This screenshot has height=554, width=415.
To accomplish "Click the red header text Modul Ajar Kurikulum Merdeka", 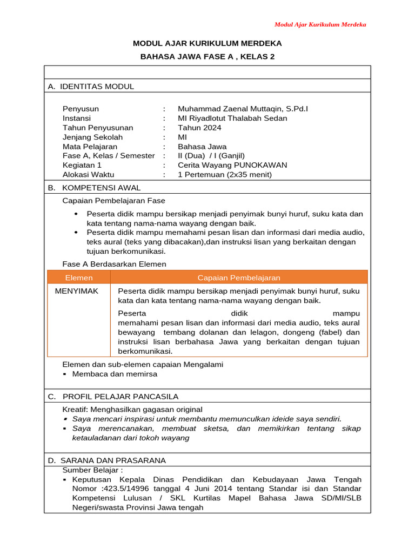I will tap(320, 24).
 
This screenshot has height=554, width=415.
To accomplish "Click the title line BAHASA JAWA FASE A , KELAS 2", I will tap(207, 56).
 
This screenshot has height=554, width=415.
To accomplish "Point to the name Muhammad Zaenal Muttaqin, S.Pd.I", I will tap(243, 109).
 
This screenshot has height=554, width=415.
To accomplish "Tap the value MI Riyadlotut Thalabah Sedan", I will tap(232, 118).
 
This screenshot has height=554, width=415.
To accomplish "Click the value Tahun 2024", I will tap(199, 128).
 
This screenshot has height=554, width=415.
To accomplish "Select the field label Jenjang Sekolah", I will tap(92, 137).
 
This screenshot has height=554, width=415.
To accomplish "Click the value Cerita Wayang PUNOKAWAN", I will tap(232, 165).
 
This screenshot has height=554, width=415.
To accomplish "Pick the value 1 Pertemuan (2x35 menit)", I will tap(225, 174).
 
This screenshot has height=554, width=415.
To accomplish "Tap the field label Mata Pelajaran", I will tap(90, 147).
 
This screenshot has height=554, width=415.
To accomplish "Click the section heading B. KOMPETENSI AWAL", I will tap(94, 188).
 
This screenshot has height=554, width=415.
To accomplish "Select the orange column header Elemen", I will tap(79, 278).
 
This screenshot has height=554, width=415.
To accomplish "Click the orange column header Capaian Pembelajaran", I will tap(239, 278).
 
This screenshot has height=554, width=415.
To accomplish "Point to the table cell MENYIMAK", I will tap(77, 291).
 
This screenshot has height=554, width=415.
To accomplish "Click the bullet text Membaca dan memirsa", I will tap(115, 373).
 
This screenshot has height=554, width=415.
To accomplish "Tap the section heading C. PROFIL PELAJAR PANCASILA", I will tap(113, 397).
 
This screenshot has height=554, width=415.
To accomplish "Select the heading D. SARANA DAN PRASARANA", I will tap(106, 460).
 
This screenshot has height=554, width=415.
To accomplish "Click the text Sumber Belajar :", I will tap(92, 470).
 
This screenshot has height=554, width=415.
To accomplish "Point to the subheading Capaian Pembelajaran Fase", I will tap(114, 201).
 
